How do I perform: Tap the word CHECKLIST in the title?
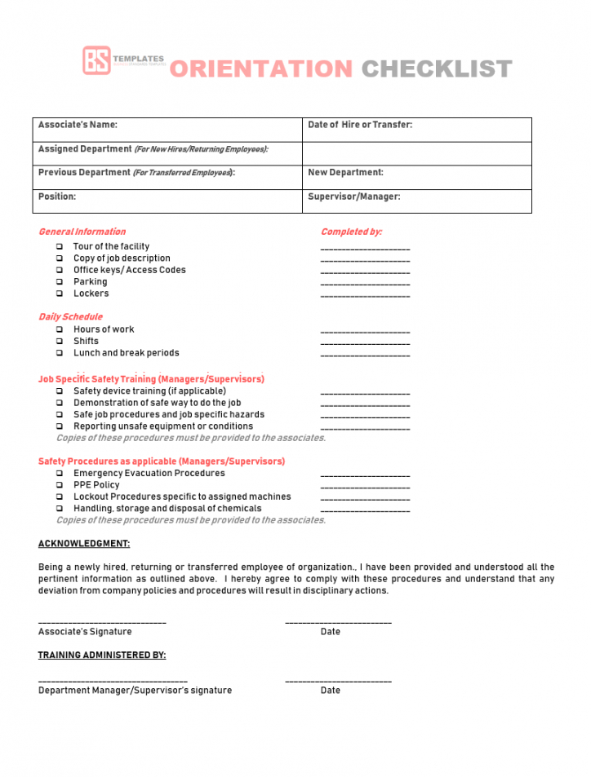tap(437, 69)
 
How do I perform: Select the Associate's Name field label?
tap(78, 125)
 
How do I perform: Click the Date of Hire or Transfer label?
tap(360, 125)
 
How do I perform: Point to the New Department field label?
tap(345, 173)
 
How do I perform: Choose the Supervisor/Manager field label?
tap(354, 196)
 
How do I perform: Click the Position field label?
tap(57, 196)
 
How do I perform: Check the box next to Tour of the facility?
tap(60, 246)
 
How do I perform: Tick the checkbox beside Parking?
tap(60, 282)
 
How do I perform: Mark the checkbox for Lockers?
tap(60, 294)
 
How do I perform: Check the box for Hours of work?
tap(60, 329)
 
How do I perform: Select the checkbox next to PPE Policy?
tap(60, 485)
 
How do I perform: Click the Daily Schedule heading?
tap(71, 316)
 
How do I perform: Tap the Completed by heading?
tap(351, 232)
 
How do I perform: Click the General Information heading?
tap(82, 232)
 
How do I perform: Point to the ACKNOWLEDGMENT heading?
tap(84, 544)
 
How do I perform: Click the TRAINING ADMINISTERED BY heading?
tap(102, 655)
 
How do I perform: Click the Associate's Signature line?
tap(102, 623)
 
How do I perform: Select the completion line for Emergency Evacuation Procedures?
tap(365, 475)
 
